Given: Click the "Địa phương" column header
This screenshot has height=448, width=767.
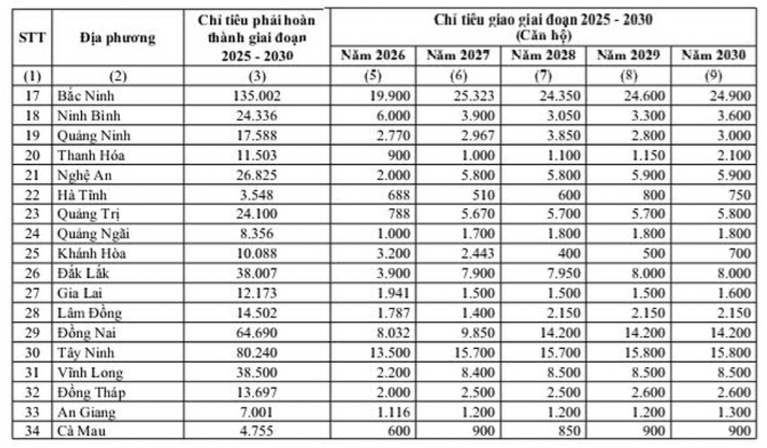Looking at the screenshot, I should (x=118, y=38).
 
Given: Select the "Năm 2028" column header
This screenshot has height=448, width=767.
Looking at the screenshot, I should (x=543, y=56).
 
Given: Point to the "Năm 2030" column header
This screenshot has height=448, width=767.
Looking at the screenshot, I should (x=713, y=56).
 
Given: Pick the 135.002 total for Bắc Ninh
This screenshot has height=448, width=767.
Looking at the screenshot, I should (x=256, y=97).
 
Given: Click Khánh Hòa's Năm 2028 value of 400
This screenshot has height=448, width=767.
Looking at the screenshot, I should (x=568, y=253).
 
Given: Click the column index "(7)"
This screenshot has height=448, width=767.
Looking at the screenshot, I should (x=543, y=76).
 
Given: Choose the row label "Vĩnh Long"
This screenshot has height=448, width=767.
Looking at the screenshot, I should (x=89, y=373).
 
